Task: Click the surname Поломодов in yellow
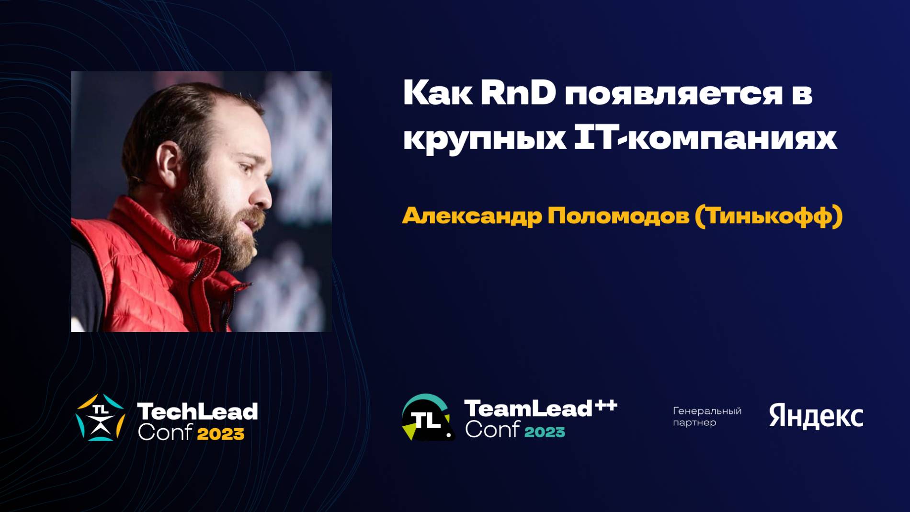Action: (617, 216)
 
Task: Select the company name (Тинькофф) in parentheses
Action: (768, 216)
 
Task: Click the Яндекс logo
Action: (816, 416)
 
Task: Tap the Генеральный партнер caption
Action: (706, 416)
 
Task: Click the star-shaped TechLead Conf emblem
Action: (100, 418)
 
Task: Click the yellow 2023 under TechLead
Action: (220, 434)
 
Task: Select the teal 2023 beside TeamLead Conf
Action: (545, 432)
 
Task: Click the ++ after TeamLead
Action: (605, 406)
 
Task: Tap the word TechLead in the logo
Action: (197, 411)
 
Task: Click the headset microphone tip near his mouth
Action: (254, 250)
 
